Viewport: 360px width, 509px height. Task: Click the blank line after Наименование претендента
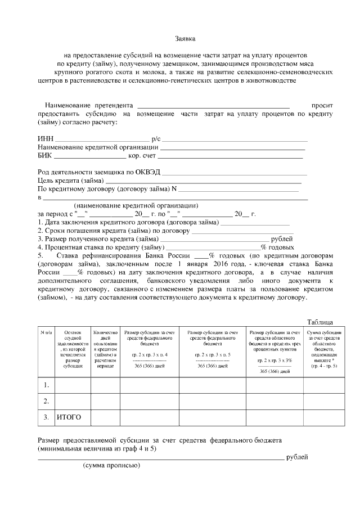click(213, 106)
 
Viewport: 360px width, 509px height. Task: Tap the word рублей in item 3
click(282, 238)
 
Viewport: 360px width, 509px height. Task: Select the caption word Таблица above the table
click(319, 322)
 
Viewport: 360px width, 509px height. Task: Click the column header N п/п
click(46, 332)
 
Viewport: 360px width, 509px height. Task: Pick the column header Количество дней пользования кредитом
click(105, 349)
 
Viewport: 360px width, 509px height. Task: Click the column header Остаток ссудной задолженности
click(73, 349)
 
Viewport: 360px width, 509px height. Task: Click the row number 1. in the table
click(46, 385)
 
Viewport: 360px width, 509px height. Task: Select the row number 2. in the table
click(46, 401)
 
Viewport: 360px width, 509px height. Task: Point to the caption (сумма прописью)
click(111, 466)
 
